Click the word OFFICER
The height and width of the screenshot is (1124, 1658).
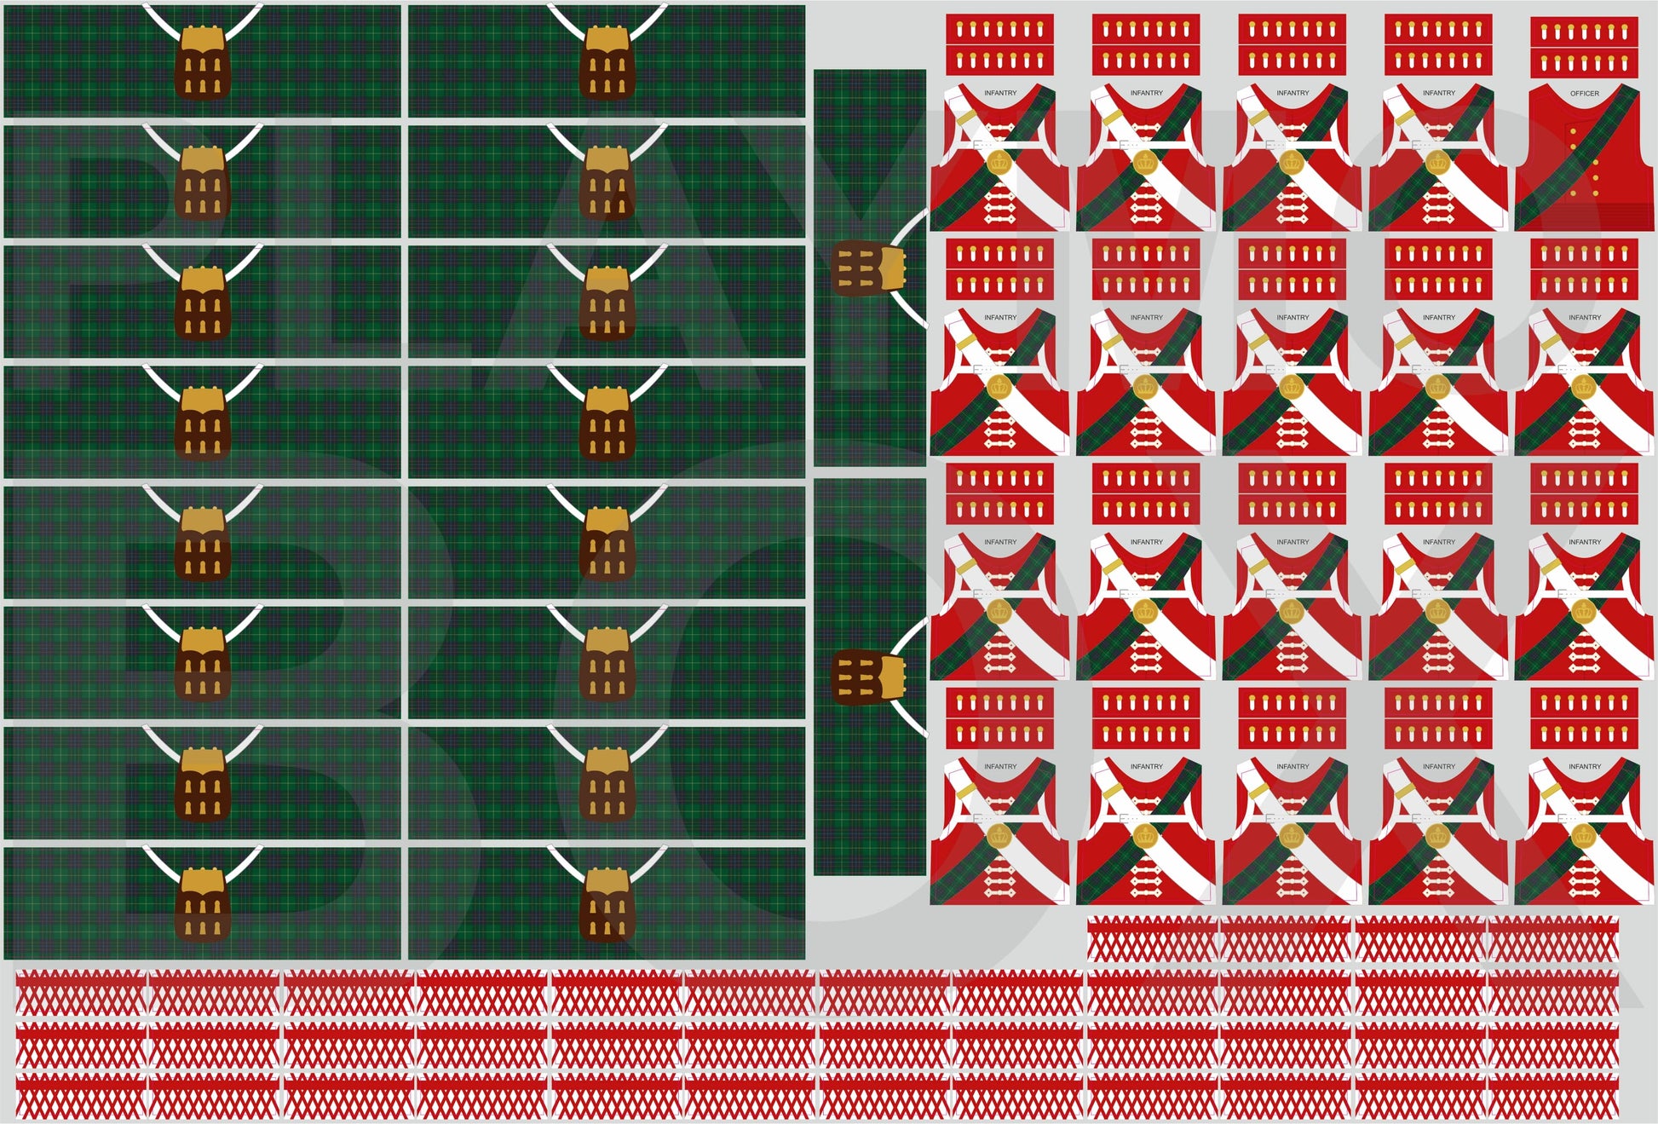(x=1584, y=93)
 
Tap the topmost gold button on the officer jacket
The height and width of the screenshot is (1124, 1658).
(x=1572, y=129)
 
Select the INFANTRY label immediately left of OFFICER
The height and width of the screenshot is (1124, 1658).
(x=1438, y=93)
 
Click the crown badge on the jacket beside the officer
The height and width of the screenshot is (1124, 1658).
(x=1437, y=161)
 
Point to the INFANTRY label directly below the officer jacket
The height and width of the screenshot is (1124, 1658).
(x=1584, y=317)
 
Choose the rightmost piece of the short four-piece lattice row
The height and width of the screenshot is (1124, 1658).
(x=1552, y=938)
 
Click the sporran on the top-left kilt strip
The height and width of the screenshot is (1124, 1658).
(x=202, y=62)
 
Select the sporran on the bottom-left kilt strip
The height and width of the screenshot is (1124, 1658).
(x=202, y=904)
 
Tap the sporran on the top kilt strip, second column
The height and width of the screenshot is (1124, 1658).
(x=606, y=62)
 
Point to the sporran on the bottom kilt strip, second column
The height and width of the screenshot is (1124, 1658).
(x=606, y=904)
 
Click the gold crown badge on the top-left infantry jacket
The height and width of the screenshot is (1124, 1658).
(x=999, y=161)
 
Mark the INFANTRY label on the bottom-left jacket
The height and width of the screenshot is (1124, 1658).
(x=1000, y=766)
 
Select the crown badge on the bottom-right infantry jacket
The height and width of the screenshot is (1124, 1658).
(x=1583, y=835)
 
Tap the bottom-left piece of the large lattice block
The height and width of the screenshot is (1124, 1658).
(x=82, y=1097)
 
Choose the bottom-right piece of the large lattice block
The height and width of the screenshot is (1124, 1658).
(x=1552, y=1097)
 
